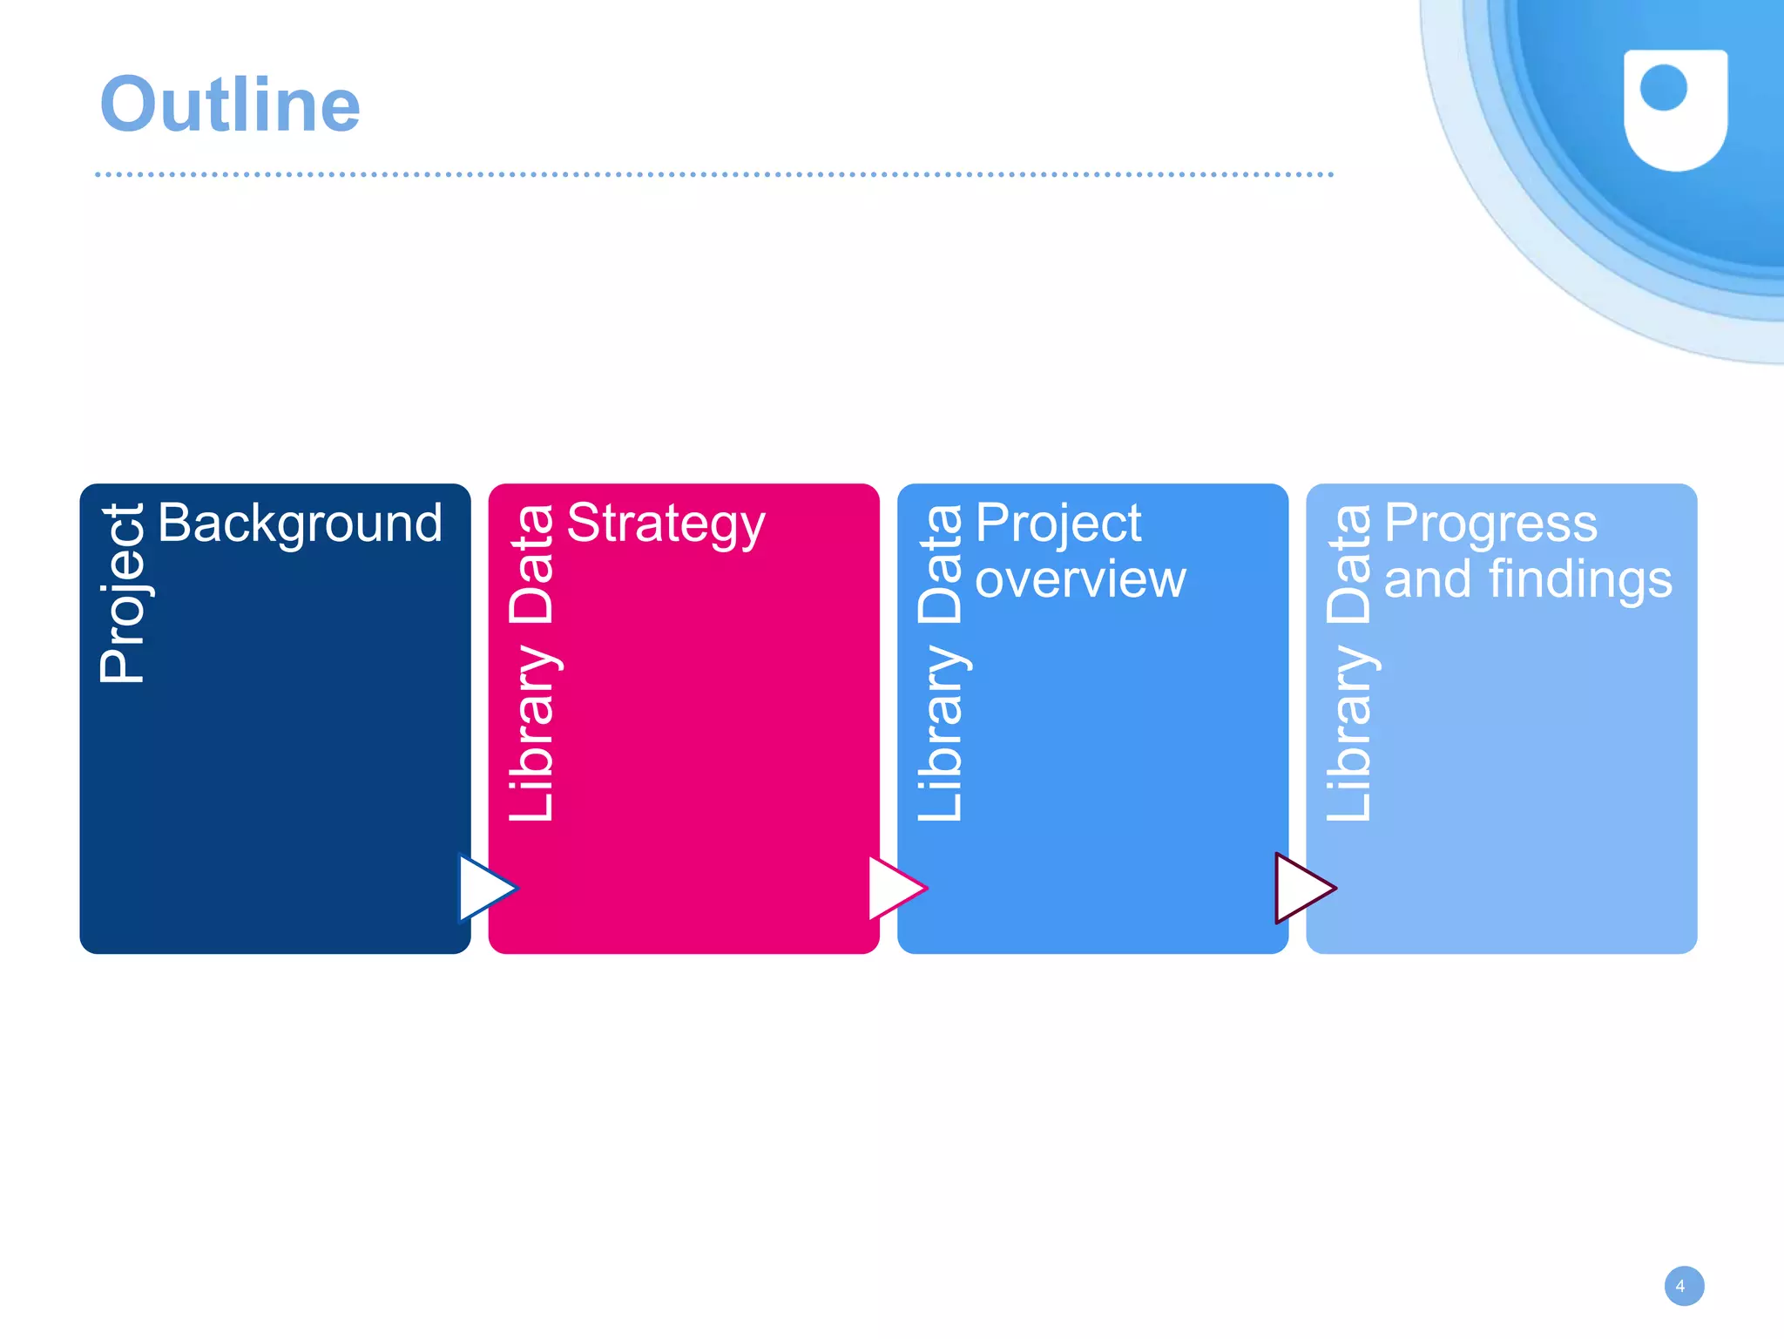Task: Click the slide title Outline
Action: click(x=230, y=105)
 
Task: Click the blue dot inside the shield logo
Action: click(x=1663, y=87)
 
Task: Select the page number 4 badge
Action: click(x=1683, y=1286)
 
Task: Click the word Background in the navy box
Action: click(x=300, y=524)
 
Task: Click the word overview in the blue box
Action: click(x=1080, y=579)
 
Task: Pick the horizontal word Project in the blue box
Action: click(x=1058, y=524)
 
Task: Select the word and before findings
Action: click(x=1428, y=579)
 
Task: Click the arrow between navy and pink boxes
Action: click(x=484, y=888)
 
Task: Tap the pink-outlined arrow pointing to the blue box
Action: click(x=895, y=888)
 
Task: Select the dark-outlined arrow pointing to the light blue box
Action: click(x=1302, y=888)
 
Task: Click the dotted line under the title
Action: click(x=714, y=174)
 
